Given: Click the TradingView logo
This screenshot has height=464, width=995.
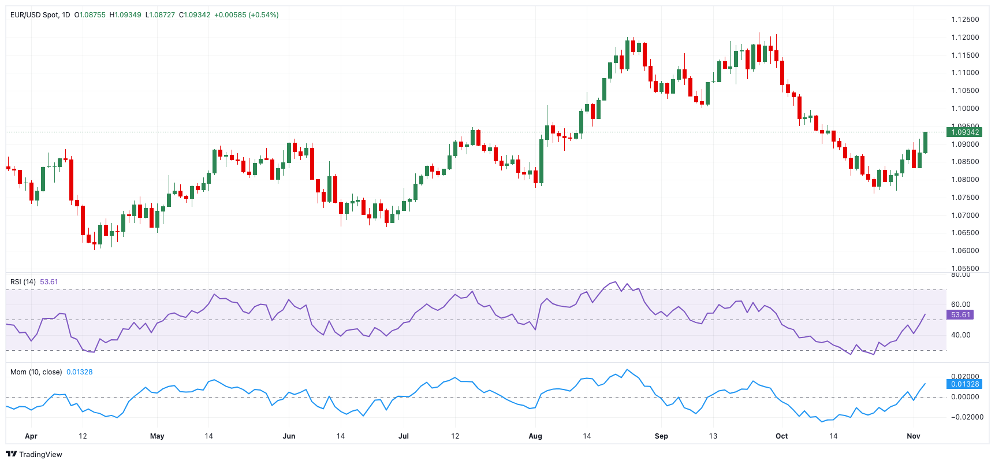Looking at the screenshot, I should [33, 454].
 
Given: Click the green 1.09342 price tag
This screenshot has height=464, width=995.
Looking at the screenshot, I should [964, 132].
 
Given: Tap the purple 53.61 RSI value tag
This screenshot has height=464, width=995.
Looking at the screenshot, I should [960, 315].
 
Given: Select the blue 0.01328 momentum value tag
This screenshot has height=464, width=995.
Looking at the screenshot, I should [964, 384].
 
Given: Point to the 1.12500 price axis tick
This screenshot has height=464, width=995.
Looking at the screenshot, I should [965, 20].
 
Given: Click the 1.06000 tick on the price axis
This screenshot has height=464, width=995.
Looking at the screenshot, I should [965, 251].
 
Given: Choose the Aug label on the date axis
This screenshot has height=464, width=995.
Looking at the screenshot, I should [535, 436].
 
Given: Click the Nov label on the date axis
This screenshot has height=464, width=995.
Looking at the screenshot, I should [913, 436].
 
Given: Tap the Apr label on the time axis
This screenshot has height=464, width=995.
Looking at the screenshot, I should [31, 436].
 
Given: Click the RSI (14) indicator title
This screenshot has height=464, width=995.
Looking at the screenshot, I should [23, 282].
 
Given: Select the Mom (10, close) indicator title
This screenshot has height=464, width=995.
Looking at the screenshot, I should [36, 372].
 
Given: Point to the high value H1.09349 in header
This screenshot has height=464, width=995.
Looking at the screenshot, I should [125, 15].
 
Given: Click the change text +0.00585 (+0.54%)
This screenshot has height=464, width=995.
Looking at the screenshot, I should [246, 15].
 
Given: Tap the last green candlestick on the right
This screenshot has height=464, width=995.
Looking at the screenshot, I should [925, 142].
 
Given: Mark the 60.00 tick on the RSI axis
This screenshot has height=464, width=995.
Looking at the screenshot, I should [961, 305].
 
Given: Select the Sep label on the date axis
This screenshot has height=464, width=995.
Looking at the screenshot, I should [661, 436].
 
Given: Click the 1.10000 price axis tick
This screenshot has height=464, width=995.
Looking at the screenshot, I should [965, 109].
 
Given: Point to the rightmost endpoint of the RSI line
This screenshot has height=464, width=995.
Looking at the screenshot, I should [925, 315].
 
